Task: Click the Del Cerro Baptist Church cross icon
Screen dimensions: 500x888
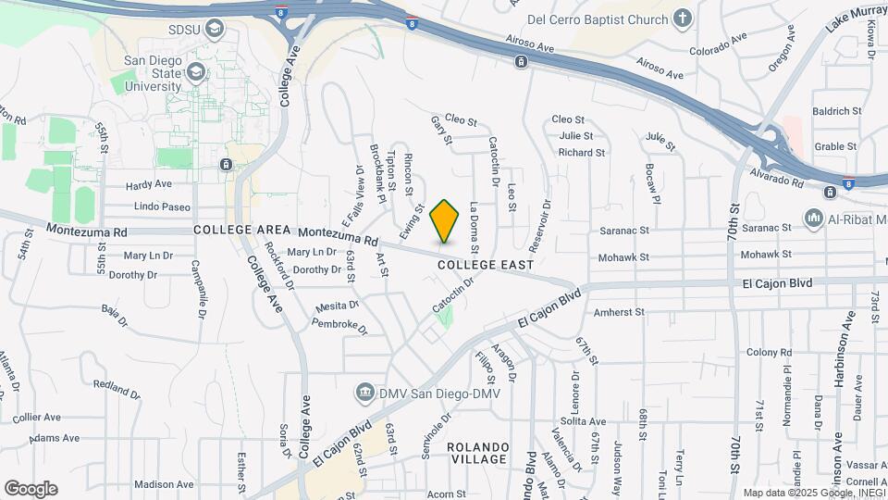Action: tap(683, 18)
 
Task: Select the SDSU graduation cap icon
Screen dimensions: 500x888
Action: tap(216, 30)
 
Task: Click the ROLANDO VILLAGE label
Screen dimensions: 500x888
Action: tap(477, 453)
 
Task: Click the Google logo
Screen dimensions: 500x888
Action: tap(31, 489)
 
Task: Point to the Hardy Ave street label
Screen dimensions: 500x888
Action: tap(150, 183)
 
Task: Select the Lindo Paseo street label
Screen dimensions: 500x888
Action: tap(162, 207)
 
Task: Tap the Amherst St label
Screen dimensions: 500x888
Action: tap(619, 313)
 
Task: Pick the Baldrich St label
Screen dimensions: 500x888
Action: tap(836, 111)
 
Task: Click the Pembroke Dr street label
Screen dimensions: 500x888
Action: tap(339, 327)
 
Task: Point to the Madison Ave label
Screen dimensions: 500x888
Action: tap(164, 484)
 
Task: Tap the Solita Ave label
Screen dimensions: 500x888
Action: tap(583, 421)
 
